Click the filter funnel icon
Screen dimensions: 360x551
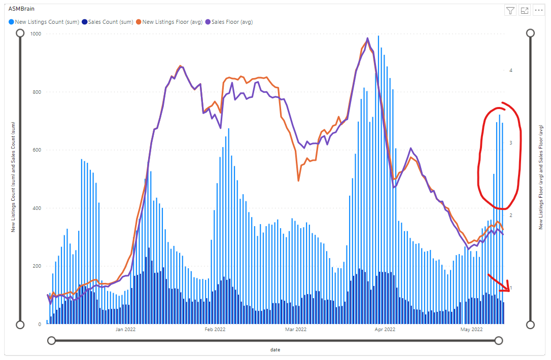pyautogui.click(x=510, y=11)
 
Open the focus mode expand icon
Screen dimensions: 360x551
pyautogui.click(x=525, y=11)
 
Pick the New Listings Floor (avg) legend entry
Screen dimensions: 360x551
pyautogui.click(x=172, y=22)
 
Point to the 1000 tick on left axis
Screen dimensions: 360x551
pyautogui.click(x=36, y=34)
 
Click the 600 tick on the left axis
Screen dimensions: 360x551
pyautogui.click(x=37, y=150)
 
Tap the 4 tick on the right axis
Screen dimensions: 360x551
pyautogui.click(x=510, y=70)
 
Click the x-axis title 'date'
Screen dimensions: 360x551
pyautogui.click(x=275, y=350)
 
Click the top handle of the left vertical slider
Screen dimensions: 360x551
pyautogui.click(x=20, y=33)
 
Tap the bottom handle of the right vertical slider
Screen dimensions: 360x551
pyautogui.click(x=530, y=325)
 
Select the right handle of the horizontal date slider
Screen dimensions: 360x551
pyautogui.click(x=499, y=340)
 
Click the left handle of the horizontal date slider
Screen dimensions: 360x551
pyautogui.click(x=51, y=340)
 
